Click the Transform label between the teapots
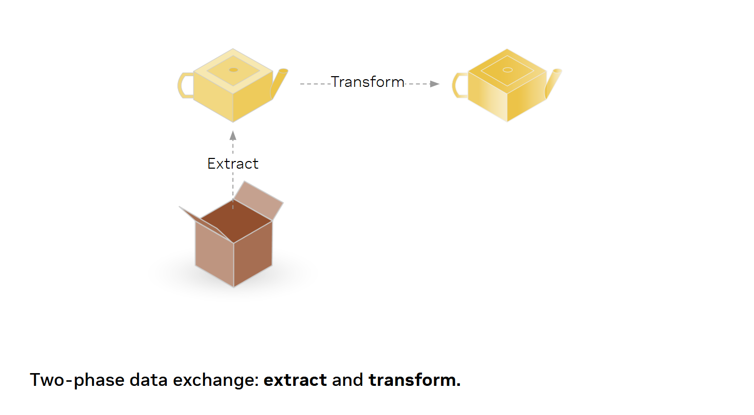pyautogui.click(x=368, y=82)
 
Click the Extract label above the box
pyautogui.click(x=233, y=164)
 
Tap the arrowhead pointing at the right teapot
pyautogui.click(x=435, y=84)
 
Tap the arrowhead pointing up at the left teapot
pyautogui.click(x=233, y=135)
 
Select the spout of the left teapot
pyautogui.click(x=279, y=83)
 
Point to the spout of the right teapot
pyautogui.click(x=553, y=83)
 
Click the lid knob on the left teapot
pyautogui.click(x=233, y=70)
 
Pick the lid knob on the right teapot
pyautogui.click(x=507, y=70)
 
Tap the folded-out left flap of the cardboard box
pyautogui.click(x=205, y=224)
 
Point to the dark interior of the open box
pyautogui.click(x=236, y=220)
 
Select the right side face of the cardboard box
pyautogui.click(x=253, y=253)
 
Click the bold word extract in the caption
pyautogui.click(x=295, y=380)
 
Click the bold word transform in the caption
pyautogui.click(x=414, y=380)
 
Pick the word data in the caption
pyautogui.click(x=148, y=380)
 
